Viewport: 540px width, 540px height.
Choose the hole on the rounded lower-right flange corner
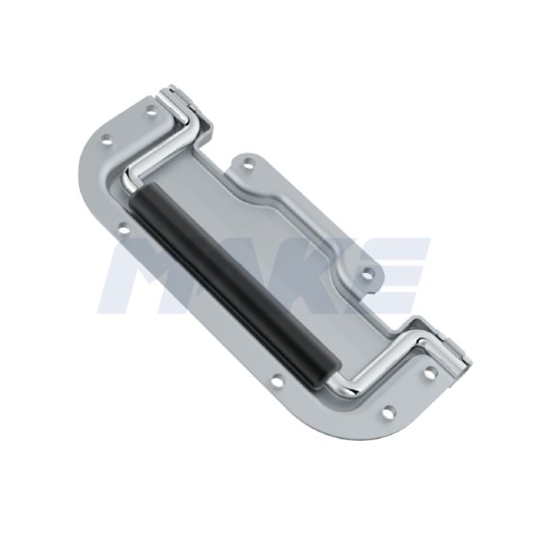(387, 414)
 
